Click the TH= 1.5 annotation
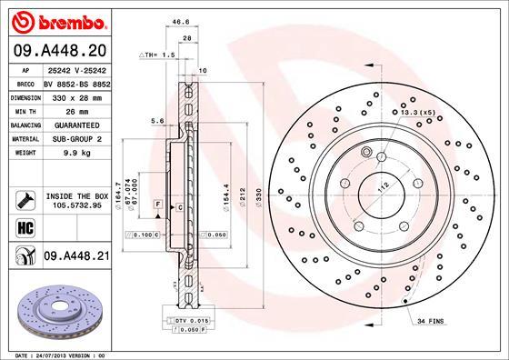point(159,55)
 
